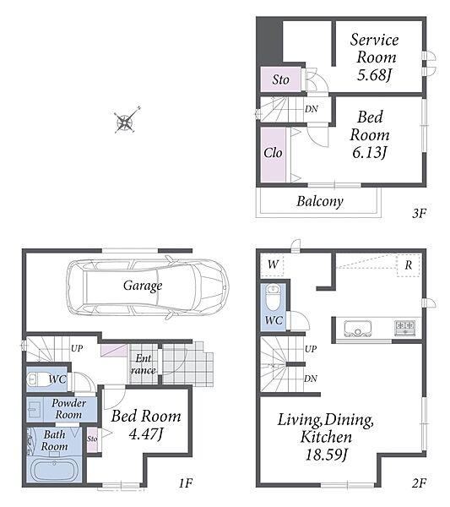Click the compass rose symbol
tap(127, 120)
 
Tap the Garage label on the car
tap(143, 286)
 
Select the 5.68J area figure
tap(374, 75)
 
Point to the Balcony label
tap(320, 201)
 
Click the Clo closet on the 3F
tap(274, 155)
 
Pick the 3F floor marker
tap(419, 213)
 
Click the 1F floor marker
tap(186, 483)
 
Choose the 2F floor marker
tap(419, 483)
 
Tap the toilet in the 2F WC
tap(274, 297)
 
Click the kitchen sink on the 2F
tap(358, 329)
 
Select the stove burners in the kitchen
tap(404, 327)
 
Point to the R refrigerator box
tap(409, 265)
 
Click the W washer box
tap(272, 264)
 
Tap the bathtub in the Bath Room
tap(54, 470)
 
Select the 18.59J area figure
tap(326, 455)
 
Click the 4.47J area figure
tap(146, 434)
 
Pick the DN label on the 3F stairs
tap(311, 109)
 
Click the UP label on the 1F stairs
tap(77, 348)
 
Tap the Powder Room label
tap(68, 409)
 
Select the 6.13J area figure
tap(369, 152)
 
